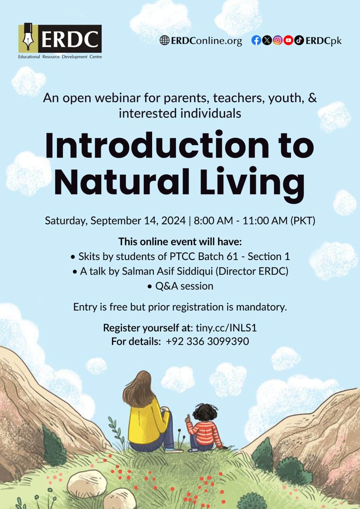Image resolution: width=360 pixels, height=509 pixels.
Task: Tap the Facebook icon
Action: tap(256, 40)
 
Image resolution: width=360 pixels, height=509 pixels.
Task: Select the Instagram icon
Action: tap(278, 40)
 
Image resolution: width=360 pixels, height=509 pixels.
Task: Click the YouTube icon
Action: tap(288, 40)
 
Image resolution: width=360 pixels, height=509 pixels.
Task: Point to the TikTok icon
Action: tap(299, 40)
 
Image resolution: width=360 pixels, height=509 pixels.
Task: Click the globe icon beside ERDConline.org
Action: tap(164, 40)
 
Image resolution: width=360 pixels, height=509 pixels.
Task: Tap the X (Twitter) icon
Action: tap(267, 40)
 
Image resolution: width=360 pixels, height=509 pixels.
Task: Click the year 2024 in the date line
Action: tap(173, 221)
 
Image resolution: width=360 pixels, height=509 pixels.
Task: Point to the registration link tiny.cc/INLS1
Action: tap(226, 328)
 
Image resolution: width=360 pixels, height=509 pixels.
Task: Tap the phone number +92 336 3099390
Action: tap(207, 341)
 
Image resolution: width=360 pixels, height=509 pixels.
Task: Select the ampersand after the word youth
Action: tap(312, 98)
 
